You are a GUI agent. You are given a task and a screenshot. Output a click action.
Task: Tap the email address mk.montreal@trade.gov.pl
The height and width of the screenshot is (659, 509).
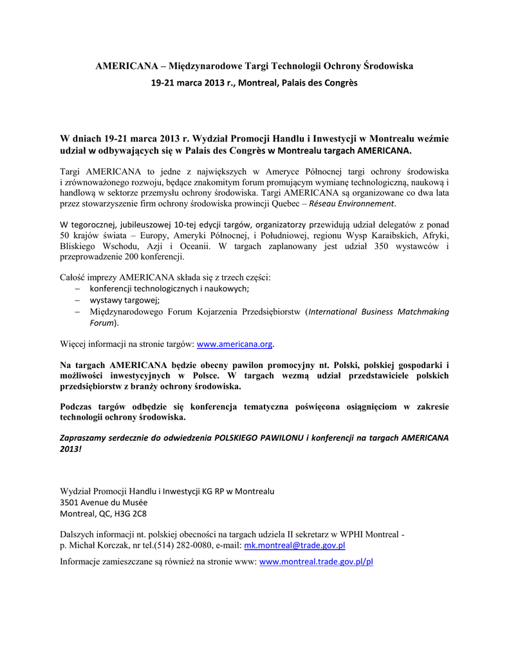pyautogui.click(x=295, y=545)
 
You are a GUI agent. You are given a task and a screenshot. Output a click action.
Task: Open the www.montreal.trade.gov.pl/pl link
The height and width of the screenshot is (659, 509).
pyautogui.click(x=315, y=561)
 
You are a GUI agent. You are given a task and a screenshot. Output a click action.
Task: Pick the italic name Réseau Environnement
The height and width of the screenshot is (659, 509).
pyautogui.click(x=352, y=203)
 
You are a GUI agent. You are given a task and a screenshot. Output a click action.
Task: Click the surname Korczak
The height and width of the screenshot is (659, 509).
pyautogui.click(x=111, y=545)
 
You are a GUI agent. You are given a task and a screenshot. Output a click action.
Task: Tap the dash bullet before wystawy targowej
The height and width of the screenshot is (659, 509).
pyautogui.click(x=77, y=301)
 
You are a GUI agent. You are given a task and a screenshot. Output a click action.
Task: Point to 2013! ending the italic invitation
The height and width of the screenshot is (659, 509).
pyautogui.click(x=71, y=448)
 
